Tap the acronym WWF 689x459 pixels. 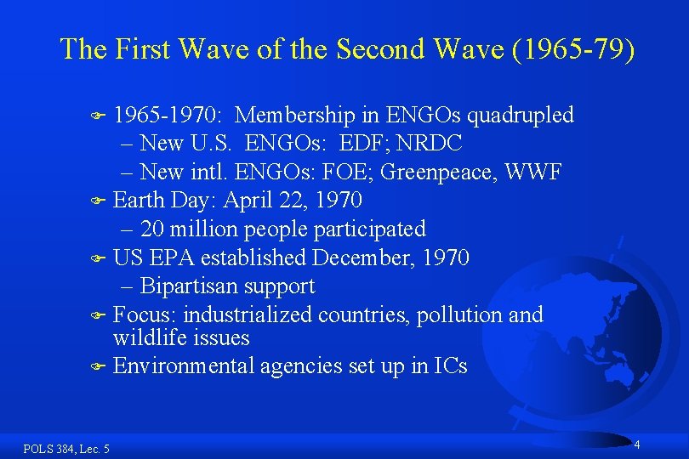(x=533, y=173)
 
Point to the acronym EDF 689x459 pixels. (x=358, y=144)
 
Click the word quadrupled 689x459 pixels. (x=521, y=115)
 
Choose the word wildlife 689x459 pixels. (x=145, y=338)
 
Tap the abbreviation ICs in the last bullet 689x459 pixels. (x=450, y=366)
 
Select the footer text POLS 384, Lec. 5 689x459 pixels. (x=66, y=448)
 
